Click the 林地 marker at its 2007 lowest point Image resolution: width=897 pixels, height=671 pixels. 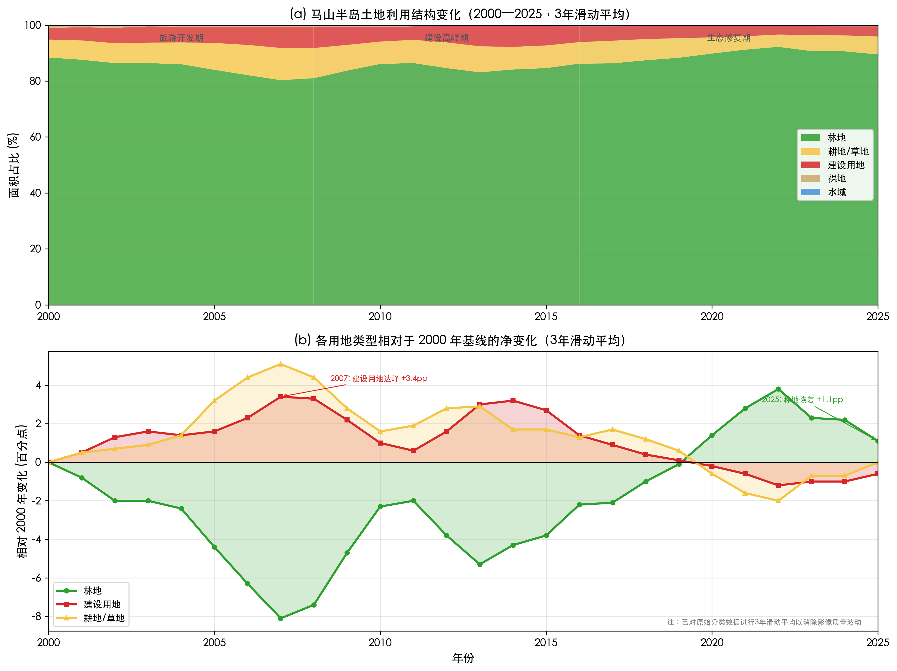(x=281, y=618)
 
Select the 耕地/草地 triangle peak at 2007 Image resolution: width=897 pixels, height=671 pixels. (x=281, y=364)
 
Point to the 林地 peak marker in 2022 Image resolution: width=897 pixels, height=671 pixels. (x=778, y=389)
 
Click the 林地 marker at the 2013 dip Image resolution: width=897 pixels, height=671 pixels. (x=480, y=564)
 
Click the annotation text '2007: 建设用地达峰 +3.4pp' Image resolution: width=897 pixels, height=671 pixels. (x=378, y=378)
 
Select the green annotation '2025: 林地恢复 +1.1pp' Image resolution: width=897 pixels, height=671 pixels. (x=802, y=400)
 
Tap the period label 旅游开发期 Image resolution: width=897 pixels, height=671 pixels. (x=181, y=38)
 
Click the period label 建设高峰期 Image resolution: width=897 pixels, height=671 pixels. (x=446, y=38)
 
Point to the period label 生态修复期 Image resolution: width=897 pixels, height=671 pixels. (x=729, y=38)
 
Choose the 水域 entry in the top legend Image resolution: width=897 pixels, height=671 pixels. (x=837, y=192)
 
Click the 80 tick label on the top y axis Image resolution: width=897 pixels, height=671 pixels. (x=35, y=81)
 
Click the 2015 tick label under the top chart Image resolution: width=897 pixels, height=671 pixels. (x=546, y=317)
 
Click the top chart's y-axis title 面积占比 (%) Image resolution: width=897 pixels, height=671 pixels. (x=14, y=165)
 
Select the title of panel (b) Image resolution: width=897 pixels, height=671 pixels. (x=460, y=340)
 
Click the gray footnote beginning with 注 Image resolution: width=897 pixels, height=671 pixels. (x=764, y=622)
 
